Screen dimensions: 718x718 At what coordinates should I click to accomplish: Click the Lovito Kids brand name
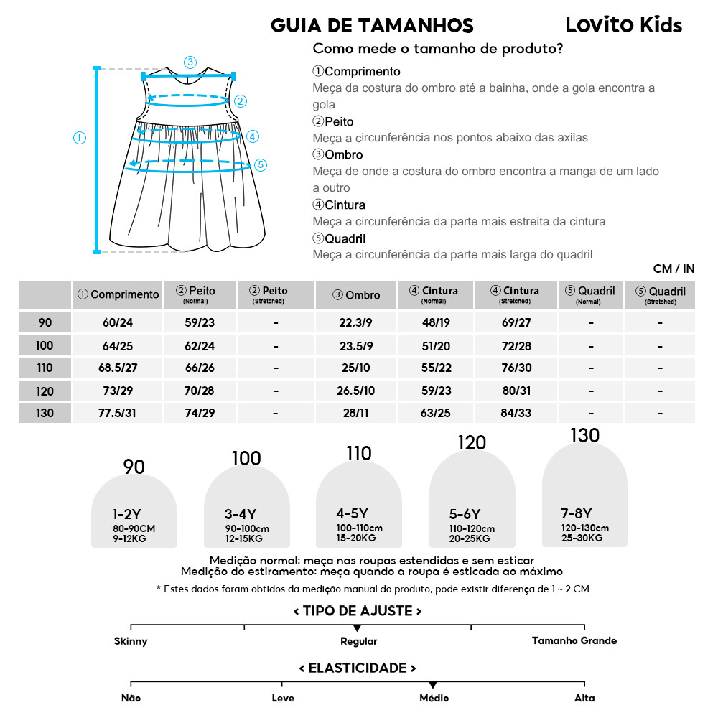pos(623,25)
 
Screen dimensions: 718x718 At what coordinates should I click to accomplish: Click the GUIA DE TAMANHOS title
pos(372,27)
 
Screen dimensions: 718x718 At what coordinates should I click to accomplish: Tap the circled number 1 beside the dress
pos(80,137)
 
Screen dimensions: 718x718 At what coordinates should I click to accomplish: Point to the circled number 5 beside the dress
pos(261,164)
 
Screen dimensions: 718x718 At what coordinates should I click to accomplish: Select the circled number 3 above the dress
pos(190,62)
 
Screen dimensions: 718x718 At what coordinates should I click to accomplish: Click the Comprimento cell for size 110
pos(118,368)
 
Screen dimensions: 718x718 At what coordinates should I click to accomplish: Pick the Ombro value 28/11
pos(357,414)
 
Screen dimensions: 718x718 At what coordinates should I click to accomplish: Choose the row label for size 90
pos(45,322)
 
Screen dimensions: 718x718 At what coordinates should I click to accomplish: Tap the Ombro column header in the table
pos(357,294)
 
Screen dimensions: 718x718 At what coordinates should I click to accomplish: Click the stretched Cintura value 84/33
pos(516,414)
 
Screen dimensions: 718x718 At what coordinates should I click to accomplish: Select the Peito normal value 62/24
pos(200,345)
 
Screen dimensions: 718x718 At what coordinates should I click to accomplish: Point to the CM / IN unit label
pos(673,269)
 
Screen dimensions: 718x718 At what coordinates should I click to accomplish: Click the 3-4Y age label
pos(241,514)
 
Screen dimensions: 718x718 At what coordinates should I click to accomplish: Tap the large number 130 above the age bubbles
pos(584,436)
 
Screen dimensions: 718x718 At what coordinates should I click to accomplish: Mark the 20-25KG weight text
pos(470,538)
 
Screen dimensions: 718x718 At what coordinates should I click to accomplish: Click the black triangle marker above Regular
pos(358,628)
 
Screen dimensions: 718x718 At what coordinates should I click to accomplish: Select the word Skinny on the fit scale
pos(131,641)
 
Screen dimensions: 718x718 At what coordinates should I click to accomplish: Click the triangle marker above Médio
pos(433,686)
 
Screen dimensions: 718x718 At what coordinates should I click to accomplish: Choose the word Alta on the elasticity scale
pos(584,698)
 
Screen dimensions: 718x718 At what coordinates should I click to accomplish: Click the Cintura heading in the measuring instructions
pos(339,205)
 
